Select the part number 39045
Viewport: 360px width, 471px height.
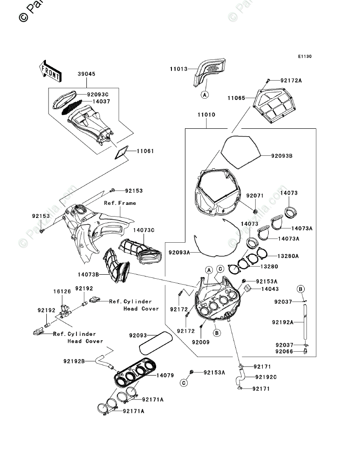86,74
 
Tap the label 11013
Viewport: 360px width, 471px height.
178,70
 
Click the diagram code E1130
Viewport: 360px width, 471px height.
304,57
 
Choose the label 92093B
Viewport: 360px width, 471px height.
282,156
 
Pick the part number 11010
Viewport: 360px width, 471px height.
205,115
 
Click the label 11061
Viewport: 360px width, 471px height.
144,151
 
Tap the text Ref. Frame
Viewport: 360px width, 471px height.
120,203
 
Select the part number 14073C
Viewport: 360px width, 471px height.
144,231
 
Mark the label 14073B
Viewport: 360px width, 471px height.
88,274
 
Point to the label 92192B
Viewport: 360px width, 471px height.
74,361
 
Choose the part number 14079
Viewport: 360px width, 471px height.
166,375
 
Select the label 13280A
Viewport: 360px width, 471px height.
288,256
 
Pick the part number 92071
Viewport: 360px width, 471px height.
255,196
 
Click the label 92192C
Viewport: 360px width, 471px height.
266,377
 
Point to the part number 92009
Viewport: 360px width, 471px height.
201,342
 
